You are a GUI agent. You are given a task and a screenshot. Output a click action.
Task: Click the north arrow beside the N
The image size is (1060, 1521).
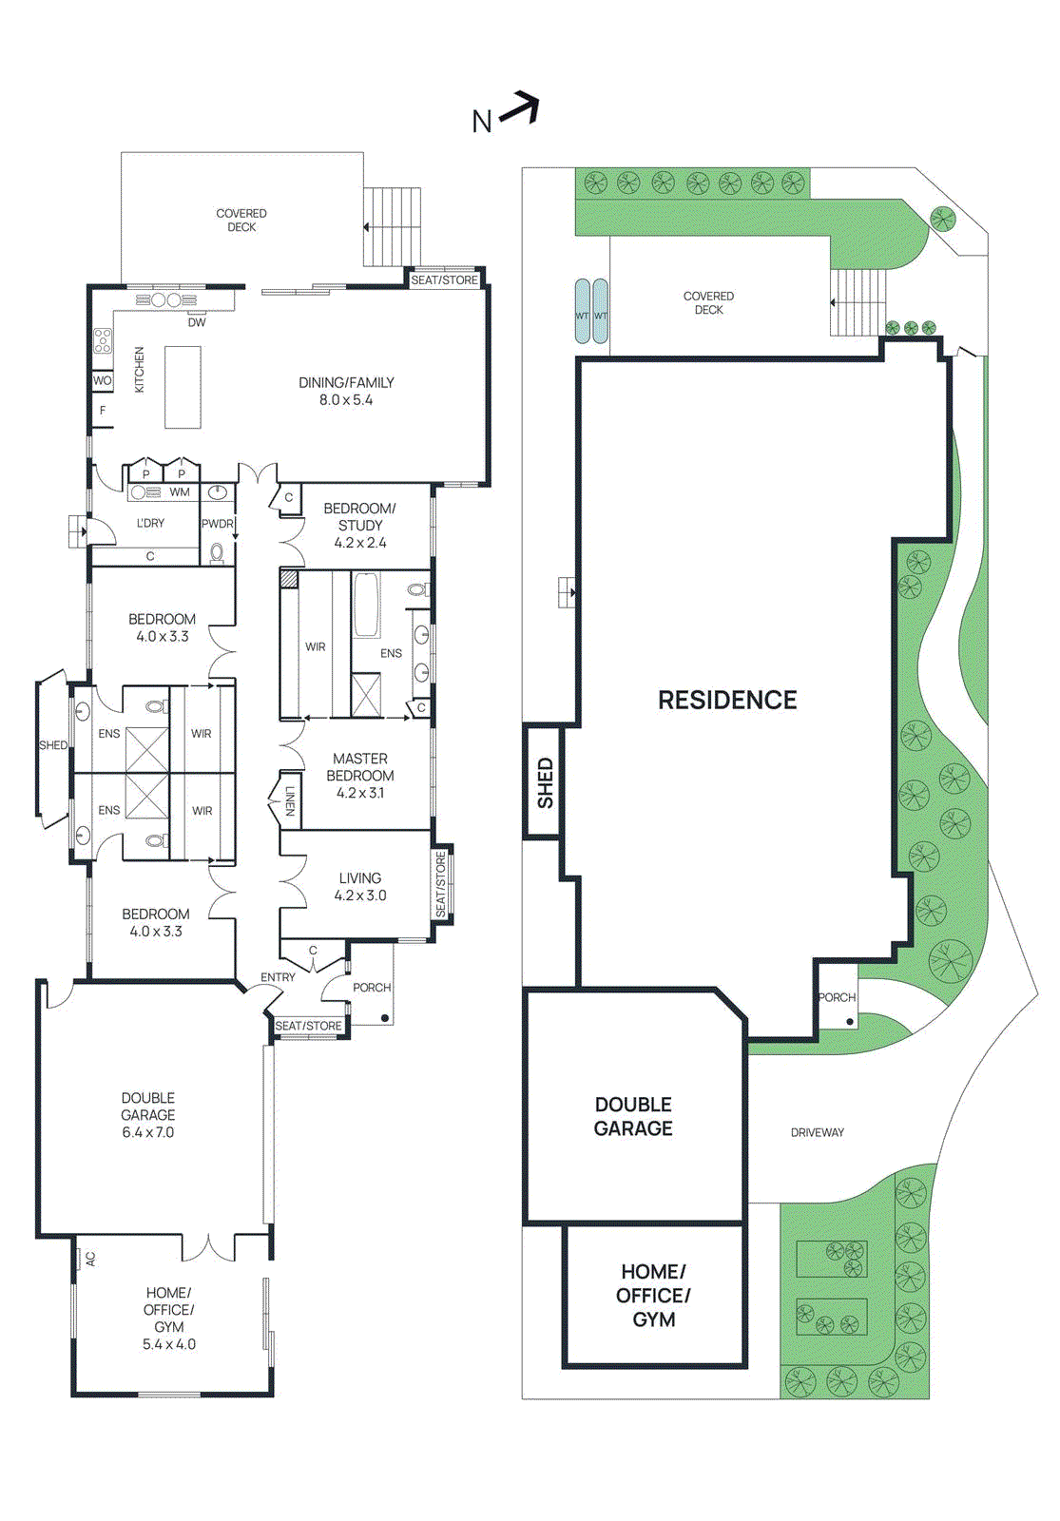point(521,108)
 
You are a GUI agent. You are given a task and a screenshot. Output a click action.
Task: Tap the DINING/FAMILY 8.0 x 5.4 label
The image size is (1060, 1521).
point(346,391)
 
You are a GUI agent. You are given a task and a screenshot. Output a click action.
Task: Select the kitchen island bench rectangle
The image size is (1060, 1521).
point(183,387)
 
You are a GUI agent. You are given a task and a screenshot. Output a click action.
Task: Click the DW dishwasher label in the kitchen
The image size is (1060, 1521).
point(197,322)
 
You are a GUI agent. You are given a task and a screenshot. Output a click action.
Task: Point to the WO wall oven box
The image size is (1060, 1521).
point(103,380)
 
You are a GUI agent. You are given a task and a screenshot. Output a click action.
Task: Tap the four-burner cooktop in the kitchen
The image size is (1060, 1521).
point(103,340)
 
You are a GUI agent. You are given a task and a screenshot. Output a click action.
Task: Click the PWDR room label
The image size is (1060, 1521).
point(217,524)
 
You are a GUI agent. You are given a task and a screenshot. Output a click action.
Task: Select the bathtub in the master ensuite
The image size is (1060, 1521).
point(366,605)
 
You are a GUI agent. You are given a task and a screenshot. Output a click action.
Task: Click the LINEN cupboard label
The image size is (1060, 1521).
point(290,800)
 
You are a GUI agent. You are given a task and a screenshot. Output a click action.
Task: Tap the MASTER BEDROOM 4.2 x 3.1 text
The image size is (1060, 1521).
point(359,775)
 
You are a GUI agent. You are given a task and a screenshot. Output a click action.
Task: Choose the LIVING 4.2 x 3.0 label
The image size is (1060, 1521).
point(359,886)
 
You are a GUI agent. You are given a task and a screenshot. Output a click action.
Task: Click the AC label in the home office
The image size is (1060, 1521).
point(91,1259)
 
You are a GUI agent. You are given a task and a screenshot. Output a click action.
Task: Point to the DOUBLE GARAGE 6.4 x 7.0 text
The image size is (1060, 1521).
point(148,1114)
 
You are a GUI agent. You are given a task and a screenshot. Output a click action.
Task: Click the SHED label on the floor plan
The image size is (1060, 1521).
point(53,745)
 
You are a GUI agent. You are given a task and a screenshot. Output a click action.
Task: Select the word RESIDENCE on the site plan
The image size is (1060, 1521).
point(727,701)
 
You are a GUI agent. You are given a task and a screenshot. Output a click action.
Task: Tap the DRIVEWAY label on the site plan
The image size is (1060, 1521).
point(817,1132)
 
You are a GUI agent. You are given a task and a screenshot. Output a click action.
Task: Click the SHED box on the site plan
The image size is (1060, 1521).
point(545,782)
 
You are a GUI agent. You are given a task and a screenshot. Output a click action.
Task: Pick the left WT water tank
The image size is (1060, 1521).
point(582,311)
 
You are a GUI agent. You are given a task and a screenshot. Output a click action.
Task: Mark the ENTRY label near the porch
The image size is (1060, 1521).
point(278,977)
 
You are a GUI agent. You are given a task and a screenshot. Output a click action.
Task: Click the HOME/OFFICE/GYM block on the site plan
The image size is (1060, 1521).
point(654,1295)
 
